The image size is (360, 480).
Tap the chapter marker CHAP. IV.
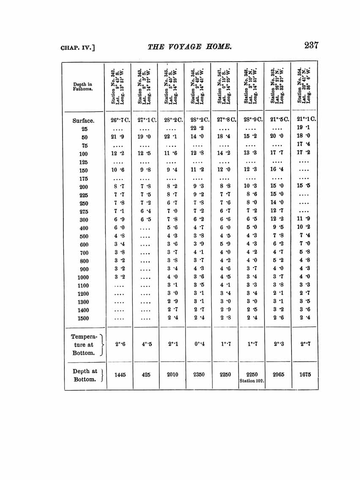click(77, 47)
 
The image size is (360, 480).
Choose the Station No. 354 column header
click(304, 86)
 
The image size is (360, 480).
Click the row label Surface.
click(83, 120)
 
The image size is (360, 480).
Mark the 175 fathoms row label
click(83, 178)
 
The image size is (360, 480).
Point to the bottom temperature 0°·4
click(198, 344)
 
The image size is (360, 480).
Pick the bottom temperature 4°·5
click(145, 344)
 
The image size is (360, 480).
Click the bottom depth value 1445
click(120, 374)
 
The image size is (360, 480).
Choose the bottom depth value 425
click(145, 374)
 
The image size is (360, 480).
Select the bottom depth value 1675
click(305, 374)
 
